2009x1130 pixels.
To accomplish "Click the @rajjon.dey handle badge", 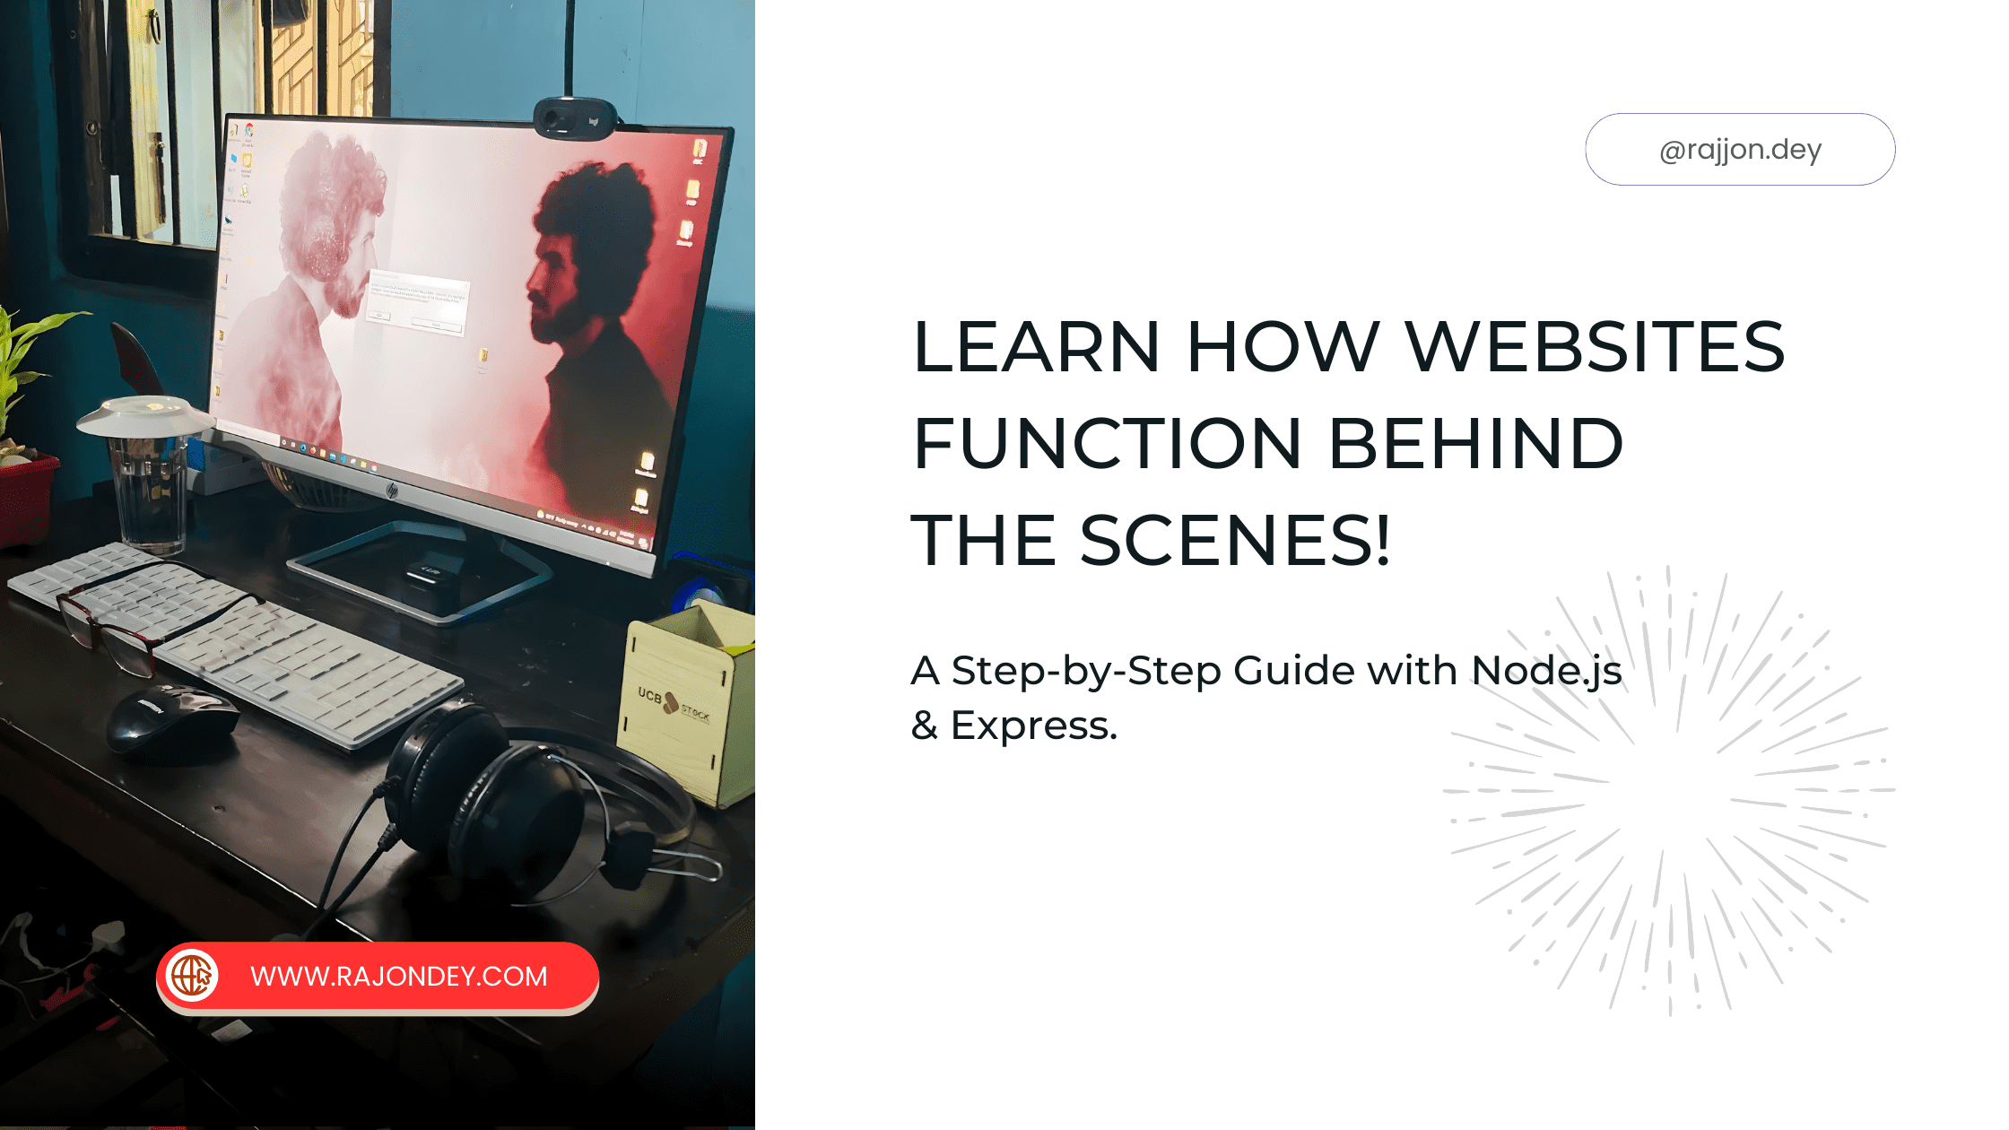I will pyautogui.click(x=1740, y=150).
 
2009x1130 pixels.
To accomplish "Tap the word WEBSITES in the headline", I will pyautogui.click(x=1595, y=347).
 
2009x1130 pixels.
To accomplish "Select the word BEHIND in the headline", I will pyautogui.click(x=1475, y=443).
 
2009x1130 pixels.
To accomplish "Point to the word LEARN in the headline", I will pyautogui.click(x=1036, y=347).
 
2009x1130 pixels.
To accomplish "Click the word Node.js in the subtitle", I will pyautogui.click(x=1546, y=671).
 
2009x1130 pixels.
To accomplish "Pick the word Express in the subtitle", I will pyautogui.click(x=1031, y=726).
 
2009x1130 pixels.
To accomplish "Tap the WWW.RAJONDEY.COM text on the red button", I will pyautogui.click(x=398, y=976).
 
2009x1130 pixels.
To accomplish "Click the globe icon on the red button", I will pyautogui.click(x=192, y=976).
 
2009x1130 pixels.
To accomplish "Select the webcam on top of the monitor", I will pyautogui.click(x=574, y=118).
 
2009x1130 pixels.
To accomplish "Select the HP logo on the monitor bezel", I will pyautogui.click(x=392, y=490).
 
